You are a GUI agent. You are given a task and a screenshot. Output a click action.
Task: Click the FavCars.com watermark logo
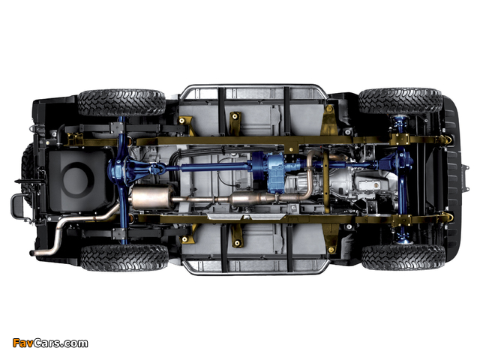[x=50, y=343]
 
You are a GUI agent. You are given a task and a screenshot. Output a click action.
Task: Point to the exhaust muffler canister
[x=151, y=197]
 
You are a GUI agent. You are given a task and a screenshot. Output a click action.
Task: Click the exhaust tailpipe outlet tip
[x=31, y=253]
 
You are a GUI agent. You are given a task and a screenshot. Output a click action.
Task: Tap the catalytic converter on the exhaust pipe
[x=250, y=198]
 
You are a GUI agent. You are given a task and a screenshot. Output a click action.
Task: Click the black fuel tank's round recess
[x=77, y=178]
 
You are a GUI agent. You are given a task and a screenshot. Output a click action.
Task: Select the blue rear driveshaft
[x=211, y=167]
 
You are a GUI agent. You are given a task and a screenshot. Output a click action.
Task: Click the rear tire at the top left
[x=121, y=103]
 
